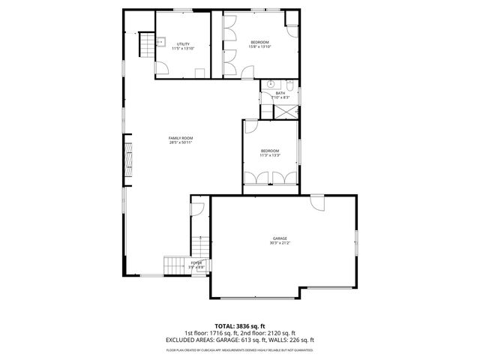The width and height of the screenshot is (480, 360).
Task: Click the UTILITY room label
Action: click(182, 44)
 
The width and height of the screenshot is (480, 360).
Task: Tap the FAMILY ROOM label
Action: click(181, 138)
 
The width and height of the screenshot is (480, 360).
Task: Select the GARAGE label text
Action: click(280, 238)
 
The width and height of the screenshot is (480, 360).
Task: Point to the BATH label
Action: click(280, 93)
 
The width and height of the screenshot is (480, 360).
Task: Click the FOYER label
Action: click(196, 262)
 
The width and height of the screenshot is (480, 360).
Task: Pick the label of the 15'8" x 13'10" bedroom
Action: click(259, 42)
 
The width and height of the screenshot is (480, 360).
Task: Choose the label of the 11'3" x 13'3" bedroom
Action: click(269, 151)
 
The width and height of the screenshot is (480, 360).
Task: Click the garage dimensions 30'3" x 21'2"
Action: click(280, 243)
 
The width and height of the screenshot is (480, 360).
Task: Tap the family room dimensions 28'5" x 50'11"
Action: click(181, 142)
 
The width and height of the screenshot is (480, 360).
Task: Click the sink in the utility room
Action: click(160, 43)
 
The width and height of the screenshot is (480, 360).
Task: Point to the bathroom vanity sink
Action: click(269, 83)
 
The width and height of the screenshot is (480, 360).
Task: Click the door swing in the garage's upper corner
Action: click(317, 202)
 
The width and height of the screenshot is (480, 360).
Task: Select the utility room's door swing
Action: click(160, 68)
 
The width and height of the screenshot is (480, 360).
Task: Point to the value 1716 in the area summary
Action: click(224, 333)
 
